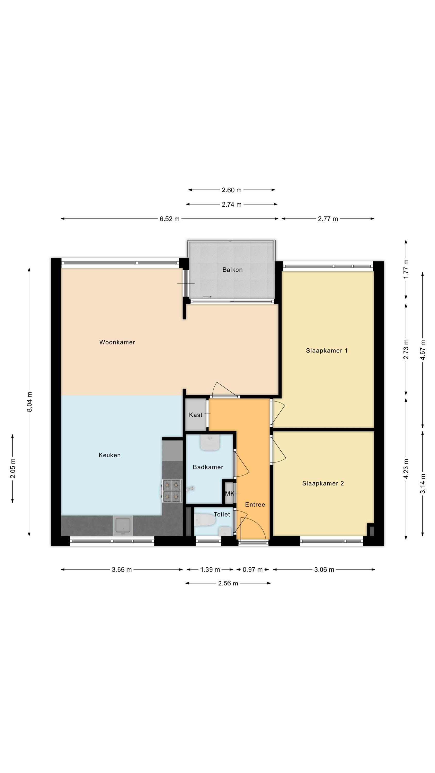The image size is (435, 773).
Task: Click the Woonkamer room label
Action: click(117, 342)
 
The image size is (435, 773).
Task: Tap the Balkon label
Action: click(232, 270)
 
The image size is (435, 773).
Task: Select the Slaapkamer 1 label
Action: click(327, 350)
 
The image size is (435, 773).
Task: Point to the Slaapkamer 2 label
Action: click(323, 483)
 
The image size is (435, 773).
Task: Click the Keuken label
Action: click(110, 455)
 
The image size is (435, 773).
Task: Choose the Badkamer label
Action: click(208, 467)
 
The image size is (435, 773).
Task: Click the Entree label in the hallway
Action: click(255, 505)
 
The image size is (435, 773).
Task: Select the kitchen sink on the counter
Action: click(123, 525)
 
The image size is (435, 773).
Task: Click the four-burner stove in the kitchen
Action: click(172, 491)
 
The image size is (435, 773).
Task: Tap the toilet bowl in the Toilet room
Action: click(205, 519)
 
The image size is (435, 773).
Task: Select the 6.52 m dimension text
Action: click(170, 219)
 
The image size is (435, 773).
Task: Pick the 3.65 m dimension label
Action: click(122, 569)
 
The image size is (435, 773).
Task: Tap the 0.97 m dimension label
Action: click(253, 569)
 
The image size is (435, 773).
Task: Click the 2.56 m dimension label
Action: click(228, 583)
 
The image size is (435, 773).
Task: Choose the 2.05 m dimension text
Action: click(13, 468)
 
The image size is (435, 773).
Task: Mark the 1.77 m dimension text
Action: click(406, 269)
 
